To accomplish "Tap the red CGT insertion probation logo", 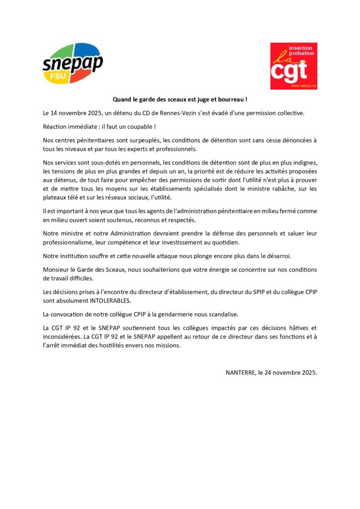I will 293,66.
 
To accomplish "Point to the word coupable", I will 141,127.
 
